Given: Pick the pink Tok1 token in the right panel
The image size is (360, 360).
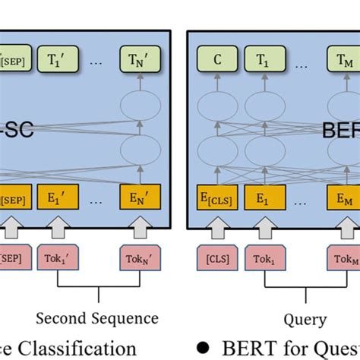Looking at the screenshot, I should pyautogui.click(x=262, y=257).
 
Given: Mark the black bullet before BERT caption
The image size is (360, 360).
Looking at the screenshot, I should pyautogui.click(x=202, y=348).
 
